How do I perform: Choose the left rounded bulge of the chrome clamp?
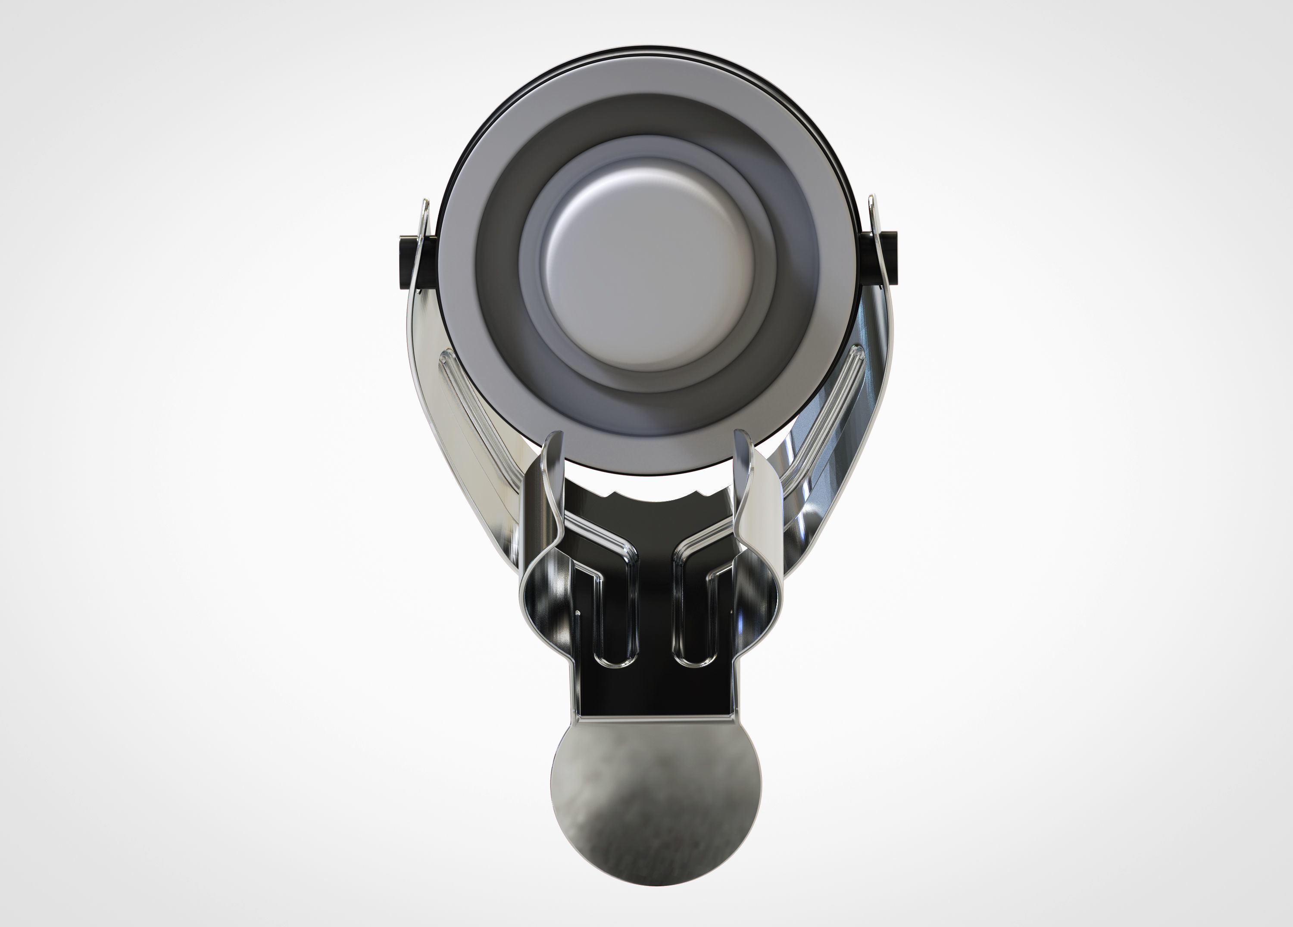pyautogui.click(x=533, y=604)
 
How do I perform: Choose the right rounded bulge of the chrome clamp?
pyautogui.click(x=764, y=604)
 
